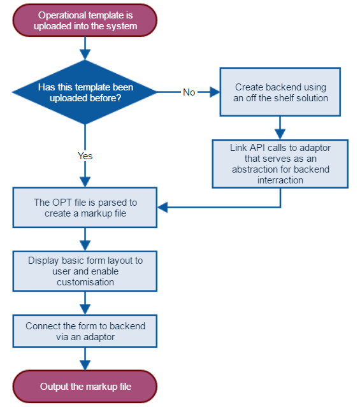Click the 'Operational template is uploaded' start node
[x=85, y=20]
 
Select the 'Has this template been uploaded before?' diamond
[x=85, y=92]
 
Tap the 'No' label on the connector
[x=189, y=92]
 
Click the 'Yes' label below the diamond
[x=85, y=156]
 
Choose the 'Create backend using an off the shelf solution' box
[x=280, y=92]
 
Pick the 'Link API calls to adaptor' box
[x=280, y=164]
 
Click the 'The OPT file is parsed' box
[x=85, y=208]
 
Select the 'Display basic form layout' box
[x=85, y=271]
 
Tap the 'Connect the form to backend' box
[x=85, y=331]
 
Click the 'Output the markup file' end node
[x=85, y=387]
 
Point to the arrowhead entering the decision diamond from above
[x=85, y=55]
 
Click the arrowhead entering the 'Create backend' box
[x=215, y=92]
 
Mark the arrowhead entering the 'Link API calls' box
[x=280, y=134]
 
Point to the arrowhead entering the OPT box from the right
[x=163, y=208]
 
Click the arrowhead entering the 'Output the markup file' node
[x=85, y=365]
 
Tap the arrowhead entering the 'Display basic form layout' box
[x=85, y=246]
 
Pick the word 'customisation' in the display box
[x=85, y=282]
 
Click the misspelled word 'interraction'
[x=280, y=180]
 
